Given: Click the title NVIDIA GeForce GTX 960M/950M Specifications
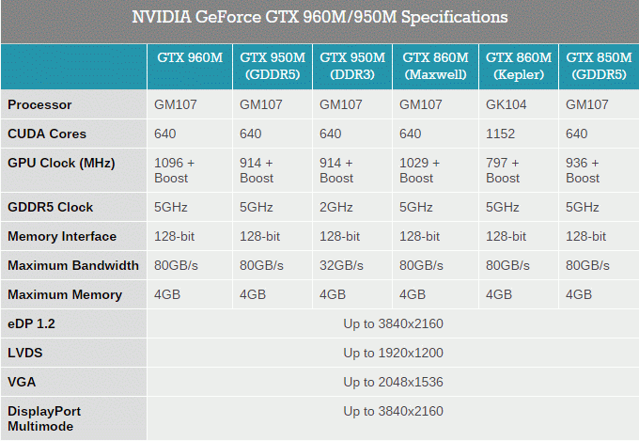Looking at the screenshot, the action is click(319, 17).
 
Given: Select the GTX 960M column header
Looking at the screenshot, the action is click(190, 57).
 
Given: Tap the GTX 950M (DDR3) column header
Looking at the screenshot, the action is click(352, 66).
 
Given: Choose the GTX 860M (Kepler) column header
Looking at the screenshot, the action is click(519, 66).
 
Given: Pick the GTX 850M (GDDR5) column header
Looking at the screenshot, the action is click(599, 66).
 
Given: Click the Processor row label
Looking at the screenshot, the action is click(39, 105).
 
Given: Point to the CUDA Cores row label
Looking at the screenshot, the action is click(47, 134).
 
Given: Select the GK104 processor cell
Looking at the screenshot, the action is click(506, 105).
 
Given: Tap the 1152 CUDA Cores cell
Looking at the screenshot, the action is click(500, 134).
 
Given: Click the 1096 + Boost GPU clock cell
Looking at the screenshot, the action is click(175, 170).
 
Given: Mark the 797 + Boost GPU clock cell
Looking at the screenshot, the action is click(503, 170).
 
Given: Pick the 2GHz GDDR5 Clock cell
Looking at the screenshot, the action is click(335, 207).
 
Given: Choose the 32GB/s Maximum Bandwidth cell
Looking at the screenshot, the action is click(341, 265).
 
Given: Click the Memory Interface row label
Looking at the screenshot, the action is click(62, 237).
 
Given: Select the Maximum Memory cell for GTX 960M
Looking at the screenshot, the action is click(167, 294).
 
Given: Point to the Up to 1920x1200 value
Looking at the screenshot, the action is click(393, 353).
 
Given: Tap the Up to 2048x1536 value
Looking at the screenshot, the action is click(393, 383).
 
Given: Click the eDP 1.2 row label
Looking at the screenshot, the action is click(31, 323).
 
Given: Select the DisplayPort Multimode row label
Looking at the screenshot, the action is click(44, 418).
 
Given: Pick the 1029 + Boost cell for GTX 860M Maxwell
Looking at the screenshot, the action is click(420, 170).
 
